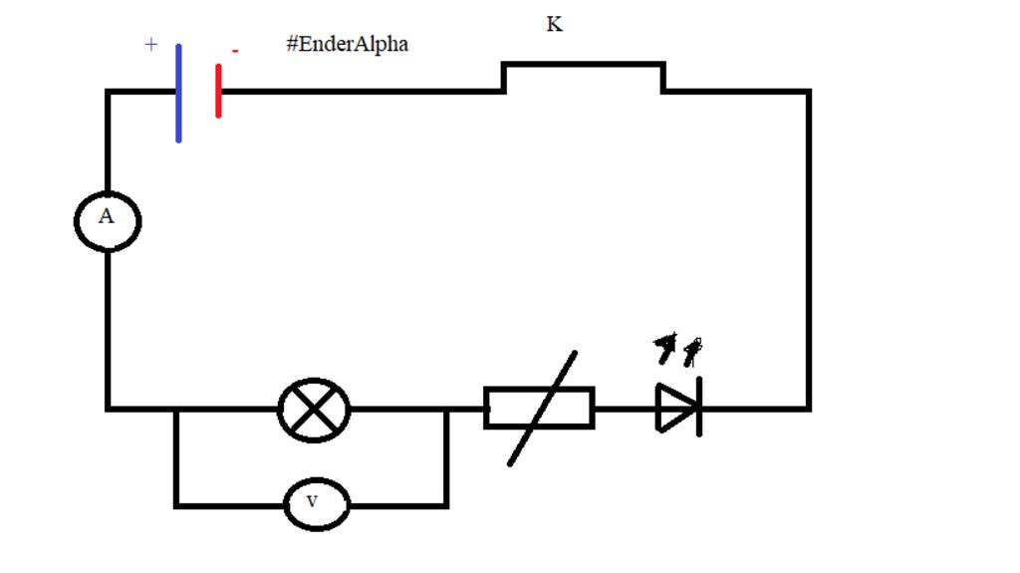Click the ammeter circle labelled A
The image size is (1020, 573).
[x=108, y=221]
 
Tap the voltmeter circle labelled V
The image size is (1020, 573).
[x=317, y=505]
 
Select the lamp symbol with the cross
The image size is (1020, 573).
[x=314, y=409]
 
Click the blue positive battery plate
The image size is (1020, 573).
[x=178, y=93]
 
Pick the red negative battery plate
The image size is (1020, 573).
[x=218, y=91]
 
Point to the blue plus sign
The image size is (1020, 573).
[x=151, y=45]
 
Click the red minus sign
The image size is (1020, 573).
[x=235, y=51]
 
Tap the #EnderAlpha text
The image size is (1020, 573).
[x=347, y=45]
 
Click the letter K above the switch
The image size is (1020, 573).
[x=555, y=25]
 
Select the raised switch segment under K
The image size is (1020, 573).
[x=584, y=66]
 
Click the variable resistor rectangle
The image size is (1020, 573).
[x=539, y=408]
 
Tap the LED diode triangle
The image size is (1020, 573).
[x=673, y=408]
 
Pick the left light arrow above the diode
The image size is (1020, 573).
[x=664, y=348]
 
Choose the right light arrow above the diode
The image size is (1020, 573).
[x=691, y=349]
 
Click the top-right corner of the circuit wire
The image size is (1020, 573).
[x=808, y=92]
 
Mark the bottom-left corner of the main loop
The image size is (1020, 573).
[x=108, y=408]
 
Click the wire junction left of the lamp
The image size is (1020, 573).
[x=176, y=409]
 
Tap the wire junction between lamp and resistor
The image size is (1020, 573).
[x=446, y=409]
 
